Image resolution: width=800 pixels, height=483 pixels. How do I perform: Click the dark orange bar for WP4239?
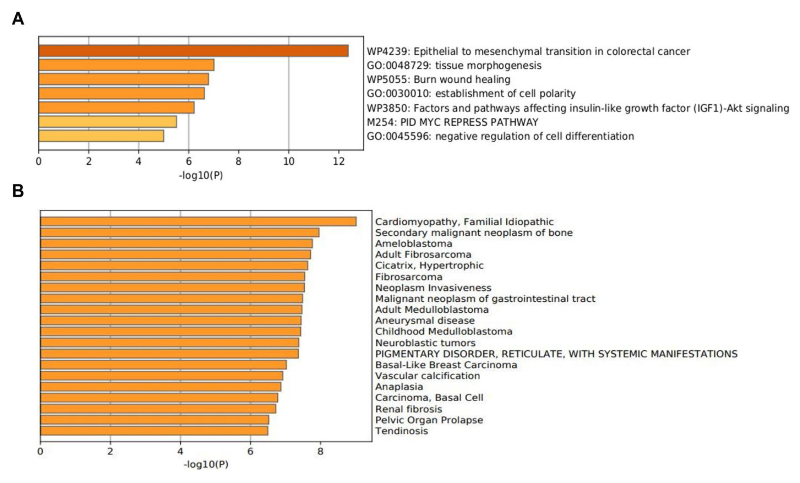point(193,51)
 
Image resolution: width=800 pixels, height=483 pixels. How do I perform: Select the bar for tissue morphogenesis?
point(126,65)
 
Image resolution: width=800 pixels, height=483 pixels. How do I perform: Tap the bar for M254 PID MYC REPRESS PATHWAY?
point(107,122)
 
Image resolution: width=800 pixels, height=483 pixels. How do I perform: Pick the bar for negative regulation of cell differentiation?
point(101,136)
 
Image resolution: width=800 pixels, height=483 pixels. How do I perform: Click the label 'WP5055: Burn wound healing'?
point(438,80)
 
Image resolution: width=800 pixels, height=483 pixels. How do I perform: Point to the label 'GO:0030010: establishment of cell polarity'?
point(471,94)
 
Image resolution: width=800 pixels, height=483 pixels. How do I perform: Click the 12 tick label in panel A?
point(339,161)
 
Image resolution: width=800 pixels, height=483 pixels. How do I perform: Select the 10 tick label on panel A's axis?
point(289,161)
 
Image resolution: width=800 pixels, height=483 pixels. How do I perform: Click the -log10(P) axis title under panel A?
point(201,176)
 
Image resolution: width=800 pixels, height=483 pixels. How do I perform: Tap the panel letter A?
point(18,19)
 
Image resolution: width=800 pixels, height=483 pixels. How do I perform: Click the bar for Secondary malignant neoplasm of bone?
point(180,232)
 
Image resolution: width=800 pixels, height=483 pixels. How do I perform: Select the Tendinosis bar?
point(154,431)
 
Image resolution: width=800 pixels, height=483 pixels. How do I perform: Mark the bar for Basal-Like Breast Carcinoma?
point(163,365)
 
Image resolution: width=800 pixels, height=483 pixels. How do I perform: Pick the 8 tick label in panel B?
point(320,451)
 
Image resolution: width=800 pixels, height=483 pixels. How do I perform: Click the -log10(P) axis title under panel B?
point(206,464)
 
